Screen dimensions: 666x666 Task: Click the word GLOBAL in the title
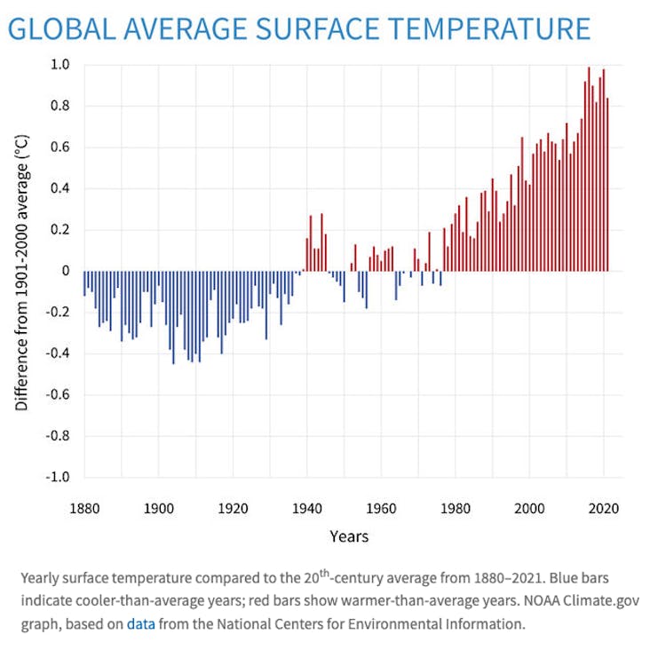[x=62, y=28]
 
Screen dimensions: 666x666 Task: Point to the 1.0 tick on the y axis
[x=59, y=65]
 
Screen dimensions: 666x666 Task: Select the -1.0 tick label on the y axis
[x=57, y=477]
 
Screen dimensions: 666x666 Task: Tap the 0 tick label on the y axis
[x=65, y=271]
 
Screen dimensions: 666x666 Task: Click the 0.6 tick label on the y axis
[x=59, y=147]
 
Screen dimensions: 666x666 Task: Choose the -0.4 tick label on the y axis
[x=57, y=353]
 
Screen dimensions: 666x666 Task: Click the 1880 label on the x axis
[x=84, y=509]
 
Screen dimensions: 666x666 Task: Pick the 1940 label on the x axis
[x=306, y=509]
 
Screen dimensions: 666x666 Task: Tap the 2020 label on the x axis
[x=603, y=509]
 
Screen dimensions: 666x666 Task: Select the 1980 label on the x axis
[x=455, y=509]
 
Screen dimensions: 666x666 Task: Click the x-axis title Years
[x=349, y=536]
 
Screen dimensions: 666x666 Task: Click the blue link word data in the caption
[x=140, y=624]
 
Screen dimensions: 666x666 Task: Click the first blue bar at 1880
[x=84, y=283]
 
